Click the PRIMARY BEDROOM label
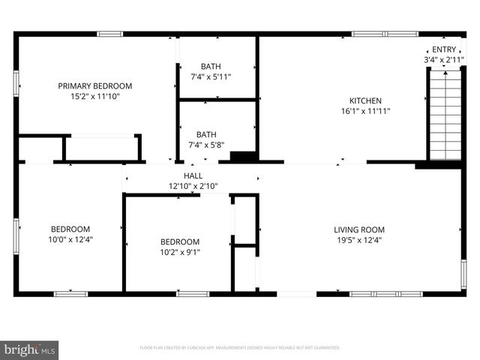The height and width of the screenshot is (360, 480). (x=95, y=86)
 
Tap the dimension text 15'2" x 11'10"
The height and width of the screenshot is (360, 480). (x=95, y=97)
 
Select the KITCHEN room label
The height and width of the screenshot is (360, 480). (x=366, y=100)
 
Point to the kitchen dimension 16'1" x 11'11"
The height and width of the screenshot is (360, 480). (x=366, y=111)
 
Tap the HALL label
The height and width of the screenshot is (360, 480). (x=193, y=175)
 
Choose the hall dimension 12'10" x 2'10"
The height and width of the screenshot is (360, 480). (x=193, y=186)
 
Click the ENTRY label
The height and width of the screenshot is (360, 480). (x=442, y=49)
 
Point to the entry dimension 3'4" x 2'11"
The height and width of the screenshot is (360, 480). (x=442, y=59)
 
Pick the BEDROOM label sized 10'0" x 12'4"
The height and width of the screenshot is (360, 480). (x=70, y=229)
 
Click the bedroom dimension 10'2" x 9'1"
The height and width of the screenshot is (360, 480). (x=180, y=252)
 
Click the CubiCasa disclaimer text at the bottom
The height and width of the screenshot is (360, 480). (x=240, y=348)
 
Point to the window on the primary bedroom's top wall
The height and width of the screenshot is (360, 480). (x=110, y=34)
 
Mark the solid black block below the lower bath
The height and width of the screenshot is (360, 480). (x=243, y=157)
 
